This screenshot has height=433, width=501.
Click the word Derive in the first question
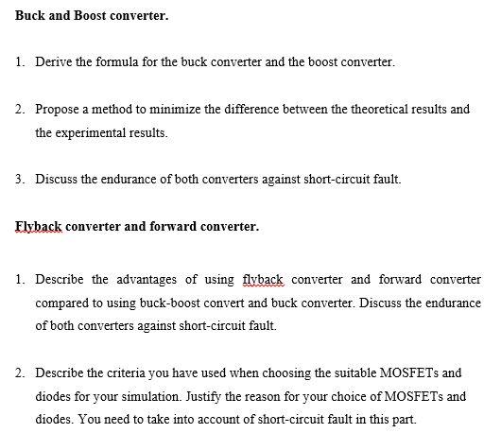click(54, 62)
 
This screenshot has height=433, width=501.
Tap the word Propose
click(58, 110)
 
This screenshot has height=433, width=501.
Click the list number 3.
click(20, 180)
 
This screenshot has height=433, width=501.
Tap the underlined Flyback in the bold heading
click(39, 227)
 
